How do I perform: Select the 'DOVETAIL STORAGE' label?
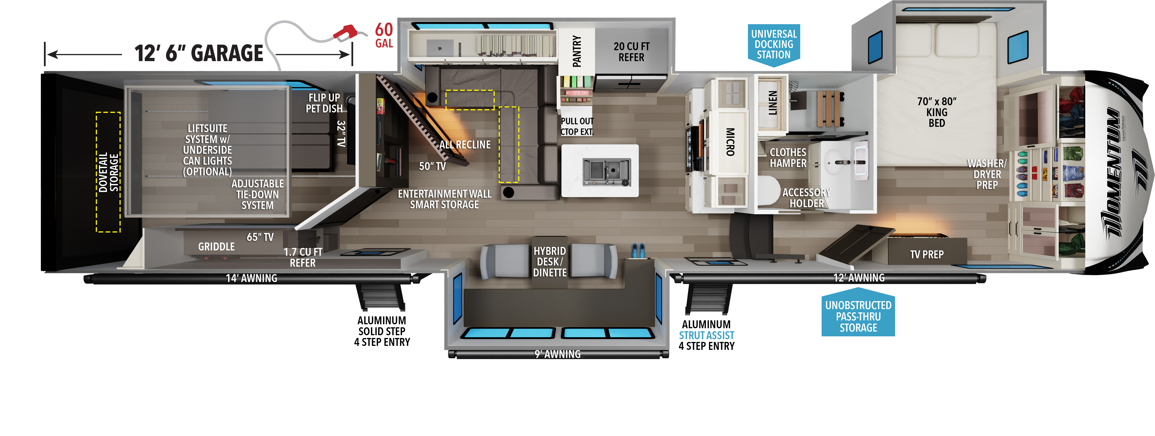tap(109, 172)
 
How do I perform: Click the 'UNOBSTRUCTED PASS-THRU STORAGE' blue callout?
tap(858, 316)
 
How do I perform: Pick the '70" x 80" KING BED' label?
tap(937, 112)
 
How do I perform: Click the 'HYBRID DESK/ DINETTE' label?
tap(550, 262)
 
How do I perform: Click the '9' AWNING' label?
tap(557, 354)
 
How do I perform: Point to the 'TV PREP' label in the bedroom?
tap(927, 255)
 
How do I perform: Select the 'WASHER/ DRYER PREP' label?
tap(987, 174)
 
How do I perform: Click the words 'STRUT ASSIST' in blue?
tap(706, 335)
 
